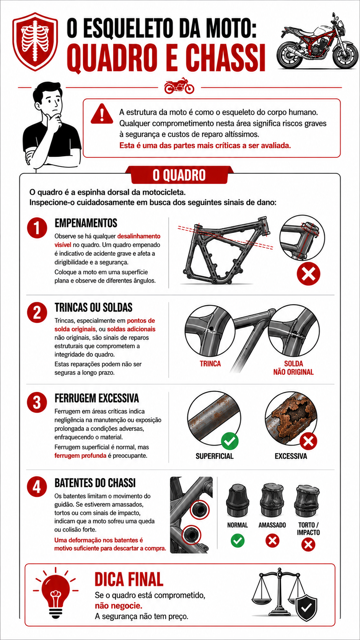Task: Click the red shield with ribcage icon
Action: (35, 41)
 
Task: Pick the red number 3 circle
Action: (37, 402)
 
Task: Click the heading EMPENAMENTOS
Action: (86, 223)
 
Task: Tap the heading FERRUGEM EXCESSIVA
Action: (97, 398)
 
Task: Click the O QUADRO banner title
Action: (179, 175)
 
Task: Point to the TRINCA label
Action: (210, 364)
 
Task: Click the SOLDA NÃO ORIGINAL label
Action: (293, 368)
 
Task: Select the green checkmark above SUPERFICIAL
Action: (230, 441)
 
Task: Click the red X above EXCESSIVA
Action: (308, 441)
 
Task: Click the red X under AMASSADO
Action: (272, 540)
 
